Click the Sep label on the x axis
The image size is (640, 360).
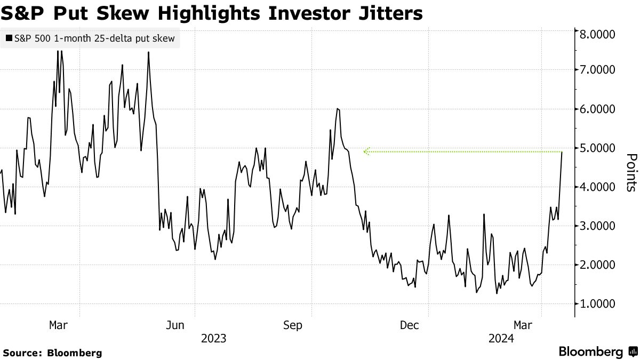(293, 325)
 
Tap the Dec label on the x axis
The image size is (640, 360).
(409, 325)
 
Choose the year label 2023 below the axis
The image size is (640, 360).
(213, 338)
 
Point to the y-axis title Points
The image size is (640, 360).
(631, 172)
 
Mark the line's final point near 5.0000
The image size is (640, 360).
(562, 153)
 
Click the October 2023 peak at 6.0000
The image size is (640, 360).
(338, 109)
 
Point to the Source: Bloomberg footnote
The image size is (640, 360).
(52, 353)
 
